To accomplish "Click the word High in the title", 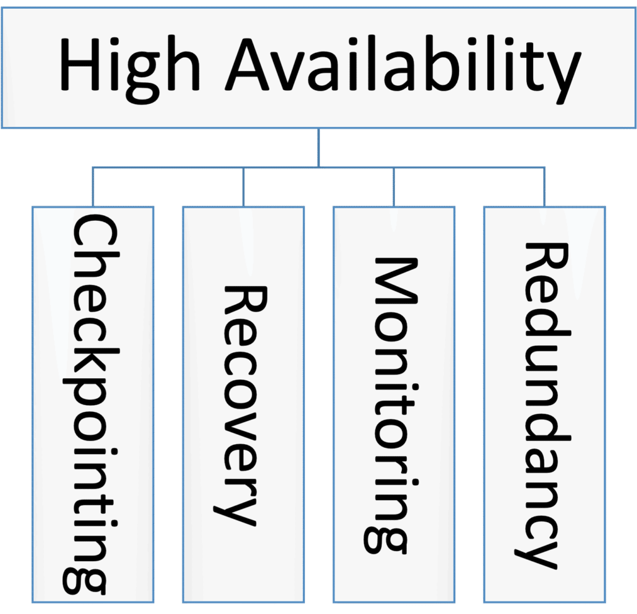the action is pos(129,70).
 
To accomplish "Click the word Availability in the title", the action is pos(403,70).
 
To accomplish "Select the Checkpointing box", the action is pos(93,404).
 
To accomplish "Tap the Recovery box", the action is pos(243,404).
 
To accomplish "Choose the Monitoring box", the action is pos(394,404).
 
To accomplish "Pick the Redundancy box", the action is pos(544,404).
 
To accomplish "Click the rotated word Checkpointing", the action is pos(91,404).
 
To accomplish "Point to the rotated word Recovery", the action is pos(241,406).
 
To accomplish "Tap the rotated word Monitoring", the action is pos(391,405).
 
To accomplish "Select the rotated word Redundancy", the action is pos(542,406).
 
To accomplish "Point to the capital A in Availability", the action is pos(247,64).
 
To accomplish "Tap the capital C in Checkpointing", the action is pos(96,236).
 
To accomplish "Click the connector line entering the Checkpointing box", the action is pos(93,187).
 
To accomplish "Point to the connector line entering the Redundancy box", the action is pos(544,187).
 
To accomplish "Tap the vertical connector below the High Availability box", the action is pos(318,148).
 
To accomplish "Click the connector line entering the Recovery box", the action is pos(243,187).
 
